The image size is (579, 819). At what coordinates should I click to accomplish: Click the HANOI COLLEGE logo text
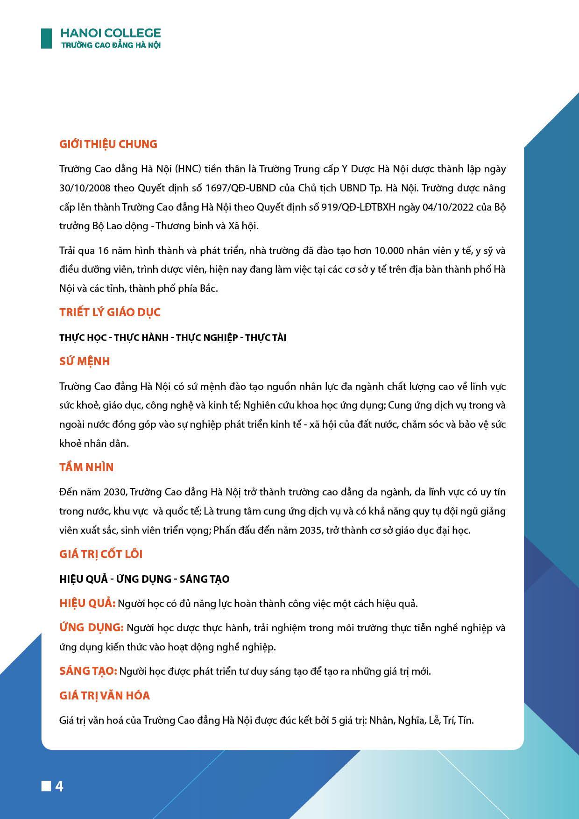click(x=111, y=33)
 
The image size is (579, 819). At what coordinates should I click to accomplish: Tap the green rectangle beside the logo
click(x=46, y=38)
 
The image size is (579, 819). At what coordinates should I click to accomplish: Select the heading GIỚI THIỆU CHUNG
click(x=108, y=144)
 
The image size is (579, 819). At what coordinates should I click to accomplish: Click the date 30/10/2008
click(x=85, y=188)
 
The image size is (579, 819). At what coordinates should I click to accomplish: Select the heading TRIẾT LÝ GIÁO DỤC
click(x=110, y=312)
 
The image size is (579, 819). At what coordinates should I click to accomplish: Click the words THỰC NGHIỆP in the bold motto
click(x=207, y=338)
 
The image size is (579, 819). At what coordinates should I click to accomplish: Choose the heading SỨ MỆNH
click(x=85, y=361)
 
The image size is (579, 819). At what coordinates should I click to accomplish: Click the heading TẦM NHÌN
click(x=86, y=467)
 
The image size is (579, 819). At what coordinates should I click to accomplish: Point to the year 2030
click(x=115, y=492)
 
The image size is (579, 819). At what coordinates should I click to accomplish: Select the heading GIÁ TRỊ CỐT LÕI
click(x=101, y=554)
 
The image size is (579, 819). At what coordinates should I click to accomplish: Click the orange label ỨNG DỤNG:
click(x=92, y=628)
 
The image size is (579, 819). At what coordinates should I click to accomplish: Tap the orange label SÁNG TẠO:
click(x=88, y=671)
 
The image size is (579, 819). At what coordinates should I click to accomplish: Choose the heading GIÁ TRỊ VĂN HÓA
click(x=105, y=696)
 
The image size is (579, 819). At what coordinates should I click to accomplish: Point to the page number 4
click(x=59, y=787)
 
